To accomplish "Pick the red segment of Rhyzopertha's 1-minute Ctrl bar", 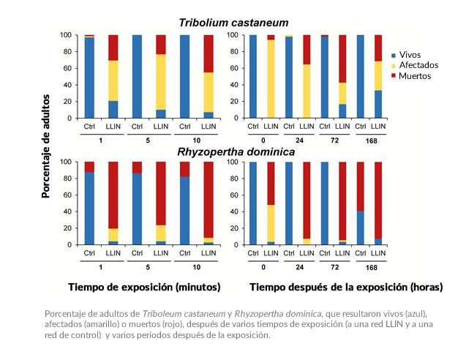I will [x=89, y=166].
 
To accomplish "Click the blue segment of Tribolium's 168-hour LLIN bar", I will [x=378, y=104].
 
